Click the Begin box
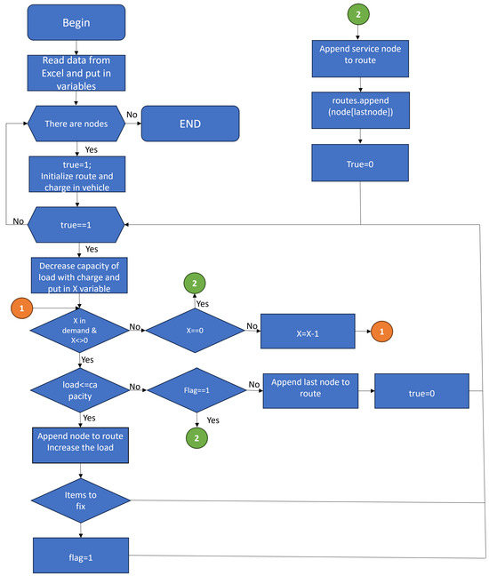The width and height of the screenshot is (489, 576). click(x=76, y=22)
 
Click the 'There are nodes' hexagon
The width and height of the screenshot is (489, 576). click(x=76, y=124)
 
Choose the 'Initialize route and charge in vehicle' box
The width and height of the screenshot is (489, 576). click(x=76, y=172)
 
